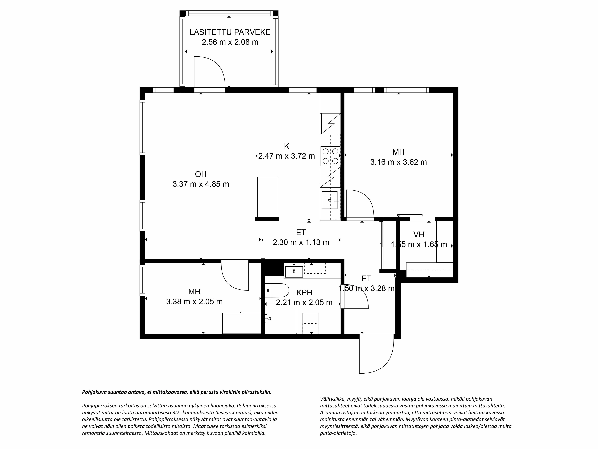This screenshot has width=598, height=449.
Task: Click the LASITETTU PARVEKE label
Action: click(230, 32)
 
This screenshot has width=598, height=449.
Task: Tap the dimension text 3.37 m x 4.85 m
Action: click(201, 184)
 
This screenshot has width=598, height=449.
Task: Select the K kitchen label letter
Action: click(287, 146)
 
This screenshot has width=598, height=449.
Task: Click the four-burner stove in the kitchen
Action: click(330, 156)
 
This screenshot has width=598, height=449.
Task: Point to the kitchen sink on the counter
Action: click(329, 200)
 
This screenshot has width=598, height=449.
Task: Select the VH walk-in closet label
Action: click(418, 234)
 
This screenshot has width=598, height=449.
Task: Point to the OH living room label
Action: click(201, 174)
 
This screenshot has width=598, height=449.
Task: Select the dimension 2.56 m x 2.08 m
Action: click(230, 42)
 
